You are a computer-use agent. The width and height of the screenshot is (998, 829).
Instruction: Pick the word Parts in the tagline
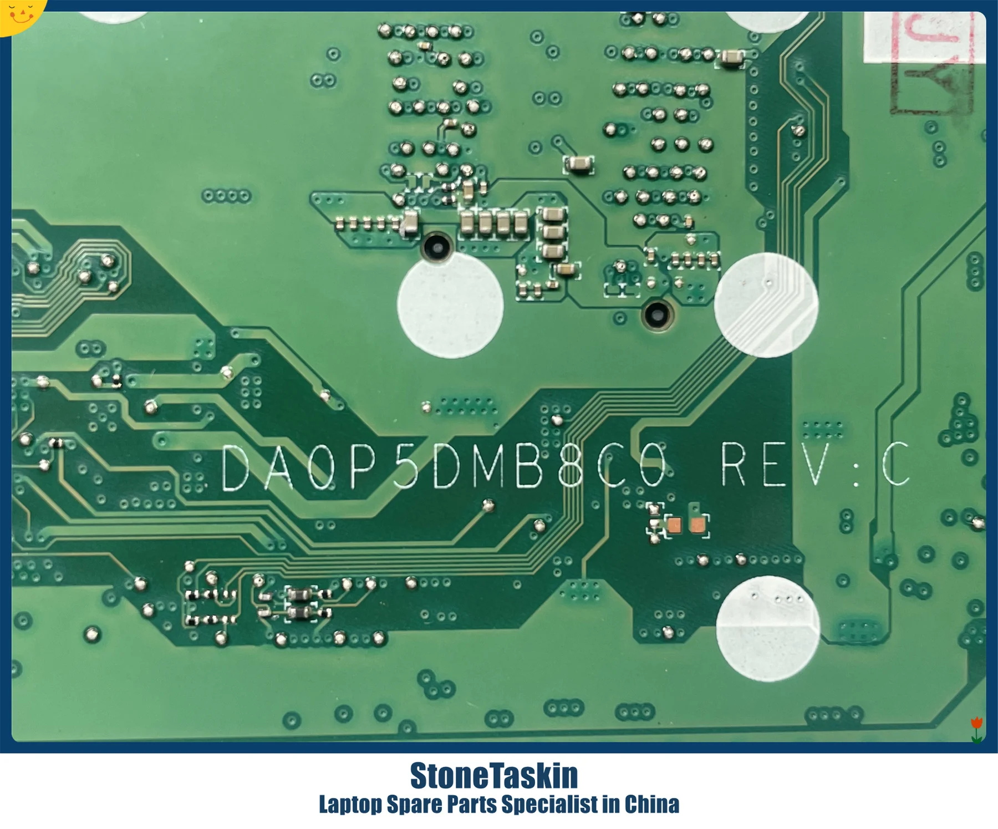[x=471, y=804]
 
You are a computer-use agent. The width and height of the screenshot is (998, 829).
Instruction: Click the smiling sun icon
[x=21, y=13]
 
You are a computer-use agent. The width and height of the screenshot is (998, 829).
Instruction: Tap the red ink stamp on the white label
[x=931, y=61]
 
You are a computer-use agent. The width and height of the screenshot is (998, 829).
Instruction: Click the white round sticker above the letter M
[x=450, y=305]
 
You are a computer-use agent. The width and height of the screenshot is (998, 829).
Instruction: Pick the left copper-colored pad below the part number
[x=674, y=525]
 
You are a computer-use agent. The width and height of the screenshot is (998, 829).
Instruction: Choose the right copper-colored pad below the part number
[x=697, y=525]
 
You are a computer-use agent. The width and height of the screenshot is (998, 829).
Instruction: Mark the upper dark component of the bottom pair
[x=300, y=596]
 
